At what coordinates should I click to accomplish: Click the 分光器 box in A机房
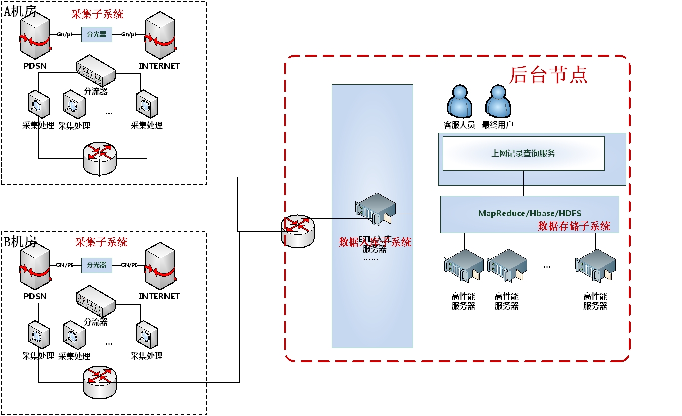tap(97, 34)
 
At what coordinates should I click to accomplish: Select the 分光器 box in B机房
tap(97, 265)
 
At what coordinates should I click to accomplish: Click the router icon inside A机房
tap(100, 158)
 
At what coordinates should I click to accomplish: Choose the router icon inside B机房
tap(100, 382)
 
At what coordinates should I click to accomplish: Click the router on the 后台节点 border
tap(298, 231)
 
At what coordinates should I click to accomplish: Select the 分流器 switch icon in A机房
tap(96, 73)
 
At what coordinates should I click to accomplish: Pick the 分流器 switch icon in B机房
tap(96, 301)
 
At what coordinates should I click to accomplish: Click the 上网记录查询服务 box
tap(523, 153)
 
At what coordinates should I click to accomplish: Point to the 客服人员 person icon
tap(459, 102)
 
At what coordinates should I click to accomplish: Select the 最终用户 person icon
tap(498, 102)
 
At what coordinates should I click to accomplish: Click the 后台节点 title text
tap(548, 75)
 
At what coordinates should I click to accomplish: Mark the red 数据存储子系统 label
tap(574, 226)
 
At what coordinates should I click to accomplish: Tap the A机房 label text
tap(20, 11)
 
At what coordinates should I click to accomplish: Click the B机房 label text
tap(20, 242)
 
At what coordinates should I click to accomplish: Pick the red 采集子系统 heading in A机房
tap(98, 14)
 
